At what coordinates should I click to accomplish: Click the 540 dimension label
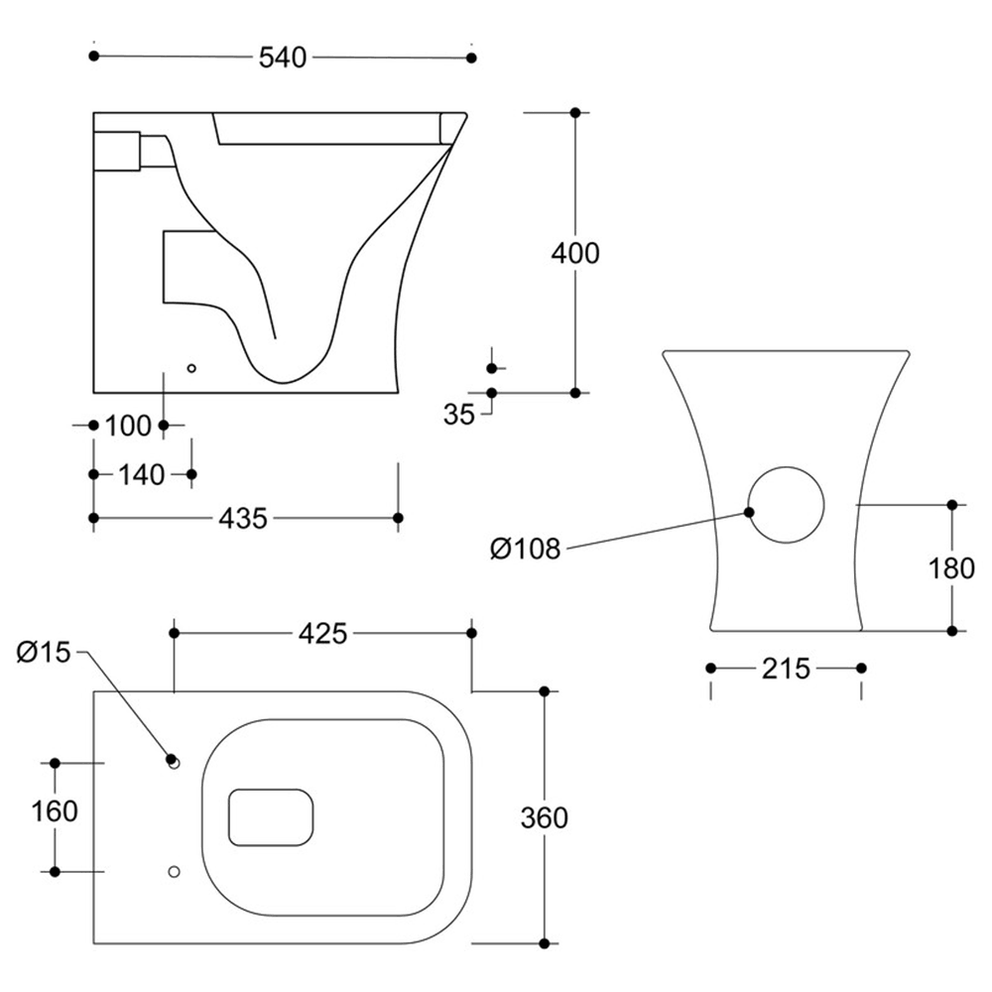283,58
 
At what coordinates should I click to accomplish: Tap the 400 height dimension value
575,253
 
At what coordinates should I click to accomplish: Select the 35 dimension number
459,415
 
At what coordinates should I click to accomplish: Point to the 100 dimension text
127,427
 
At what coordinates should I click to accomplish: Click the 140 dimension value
141,475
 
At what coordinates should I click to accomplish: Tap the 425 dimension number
323,633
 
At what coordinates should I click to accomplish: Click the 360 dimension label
545,817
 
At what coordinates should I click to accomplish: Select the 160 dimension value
55,811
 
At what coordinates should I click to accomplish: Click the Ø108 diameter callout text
526,548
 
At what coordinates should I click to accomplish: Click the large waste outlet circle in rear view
786,504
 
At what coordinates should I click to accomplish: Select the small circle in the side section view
192,368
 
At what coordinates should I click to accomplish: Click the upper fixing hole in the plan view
175,763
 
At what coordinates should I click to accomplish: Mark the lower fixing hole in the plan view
175,872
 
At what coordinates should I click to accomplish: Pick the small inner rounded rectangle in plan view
271,818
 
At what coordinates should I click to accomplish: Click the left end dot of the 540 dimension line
94,58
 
